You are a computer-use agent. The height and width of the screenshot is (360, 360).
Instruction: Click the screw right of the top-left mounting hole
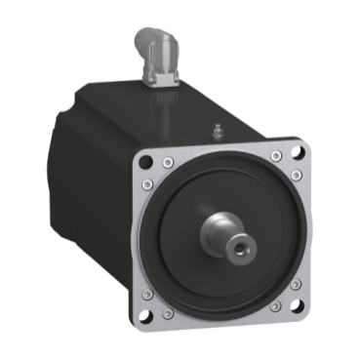(x=170, y=154)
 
